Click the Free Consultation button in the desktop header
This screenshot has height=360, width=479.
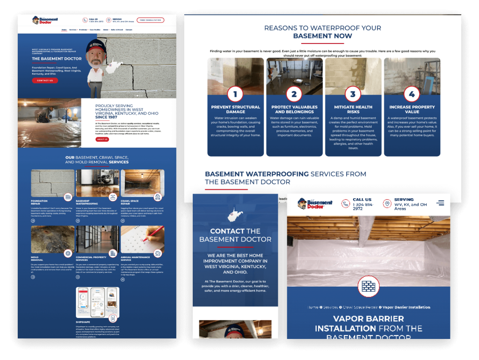tap(150, 21)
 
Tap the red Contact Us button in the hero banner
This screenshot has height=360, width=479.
tap(45, 80)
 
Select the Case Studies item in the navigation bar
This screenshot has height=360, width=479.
tap(95, 29)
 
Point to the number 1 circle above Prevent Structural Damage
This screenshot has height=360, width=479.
tap(235, 94)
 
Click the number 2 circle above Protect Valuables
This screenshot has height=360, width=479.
tap(294, 94)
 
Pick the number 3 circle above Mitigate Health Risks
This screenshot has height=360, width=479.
tap(353, 94)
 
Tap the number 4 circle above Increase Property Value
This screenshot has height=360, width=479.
tap(412, 94)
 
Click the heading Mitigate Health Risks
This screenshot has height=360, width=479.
tap(353, 109)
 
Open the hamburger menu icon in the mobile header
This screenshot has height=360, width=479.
tap(440, 203)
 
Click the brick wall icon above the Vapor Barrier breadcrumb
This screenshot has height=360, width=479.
tap(368, 286)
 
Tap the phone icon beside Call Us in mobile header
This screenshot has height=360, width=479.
tap(345, 204)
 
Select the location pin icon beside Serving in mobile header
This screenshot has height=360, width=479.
tap(387, 204)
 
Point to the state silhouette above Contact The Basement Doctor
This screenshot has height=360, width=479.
tap(235, 216)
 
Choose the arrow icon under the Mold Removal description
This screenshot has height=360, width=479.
tap(33, 277)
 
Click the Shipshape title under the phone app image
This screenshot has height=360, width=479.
tap(83, 322)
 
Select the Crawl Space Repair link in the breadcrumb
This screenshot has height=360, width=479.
tap(361, 307)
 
